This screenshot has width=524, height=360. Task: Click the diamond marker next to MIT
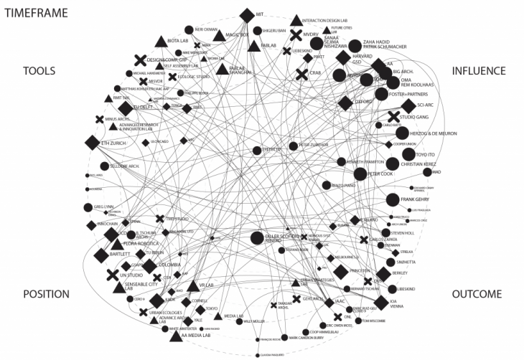click(247, 14)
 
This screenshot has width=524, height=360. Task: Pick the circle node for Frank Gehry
click(392, 199)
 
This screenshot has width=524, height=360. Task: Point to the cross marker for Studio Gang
click(393, 116)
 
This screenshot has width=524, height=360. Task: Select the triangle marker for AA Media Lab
click(174, 335)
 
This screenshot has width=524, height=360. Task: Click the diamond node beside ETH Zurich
click(91, 143)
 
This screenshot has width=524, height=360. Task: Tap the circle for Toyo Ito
click(408, 154)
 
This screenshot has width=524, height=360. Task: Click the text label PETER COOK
click(384, 173)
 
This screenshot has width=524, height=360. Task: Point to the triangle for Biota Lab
click(160, 43)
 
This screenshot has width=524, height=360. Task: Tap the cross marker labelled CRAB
click(302, 73)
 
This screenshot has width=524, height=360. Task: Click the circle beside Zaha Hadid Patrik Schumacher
click(355, 47)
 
